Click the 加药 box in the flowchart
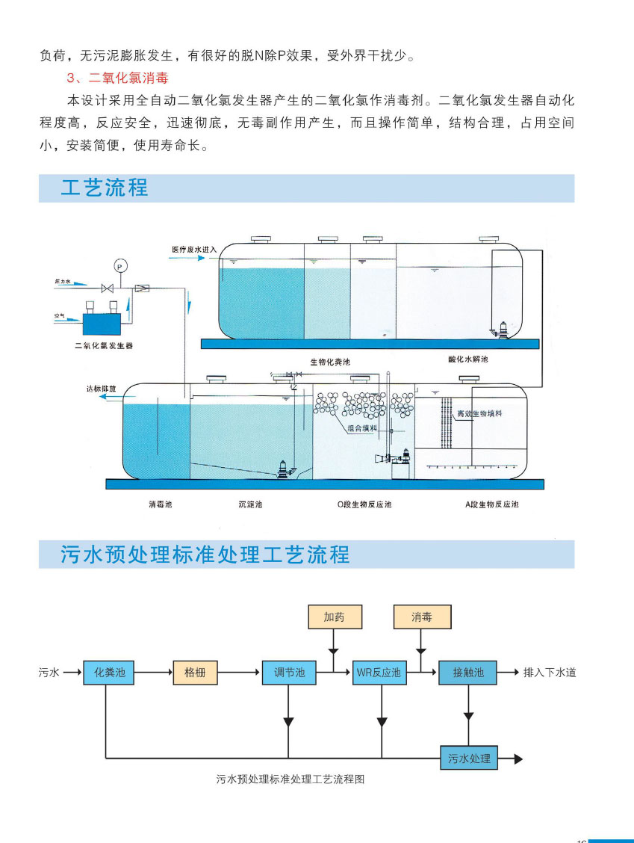coord(333,617)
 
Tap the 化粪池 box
coord(109,673)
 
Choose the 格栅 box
coord(195,673)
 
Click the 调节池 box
coord(289,673)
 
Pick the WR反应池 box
coord(379,673)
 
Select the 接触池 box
coord(468,673)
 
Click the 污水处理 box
coord(469,759)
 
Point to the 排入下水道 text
coord(550,673)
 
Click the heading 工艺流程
coord(105,188)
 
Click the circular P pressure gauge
coord(119,265)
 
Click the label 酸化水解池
coord(467,359)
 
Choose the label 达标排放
coord(102,389)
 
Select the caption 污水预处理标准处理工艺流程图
coord(290,779)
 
